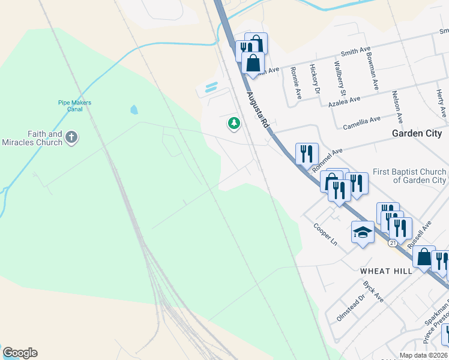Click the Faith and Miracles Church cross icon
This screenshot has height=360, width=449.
coord(71,138)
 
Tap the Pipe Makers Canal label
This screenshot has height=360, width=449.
coord(74,106)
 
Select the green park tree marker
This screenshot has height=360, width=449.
coord(234,124)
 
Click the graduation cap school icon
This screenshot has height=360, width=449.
coord(363,232)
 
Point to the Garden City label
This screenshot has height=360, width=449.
coord(417,133)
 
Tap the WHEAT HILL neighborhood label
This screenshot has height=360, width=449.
coord(386,271)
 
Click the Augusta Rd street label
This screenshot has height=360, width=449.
coord(257,112)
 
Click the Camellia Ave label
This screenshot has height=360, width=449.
coord(361,122)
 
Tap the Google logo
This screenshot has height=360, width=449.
coord(20,353)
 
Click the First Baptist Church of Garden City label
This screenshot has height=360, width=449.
coord(409,176)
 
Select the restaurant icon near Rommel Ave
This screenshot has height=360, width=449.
coord(307,153)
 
